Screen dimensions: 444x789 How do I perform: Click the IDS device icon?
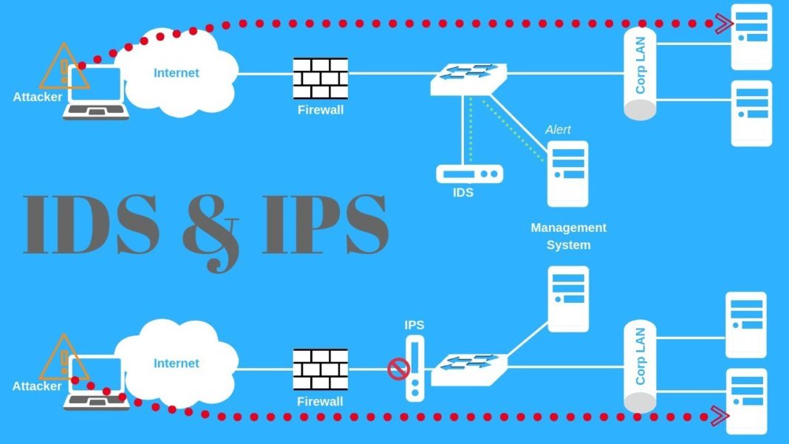[469, 174]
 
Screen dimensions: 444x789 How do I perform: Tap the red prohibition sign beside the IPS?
[398, 369]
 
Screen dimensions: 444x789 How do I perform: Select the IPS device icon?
[416, 368]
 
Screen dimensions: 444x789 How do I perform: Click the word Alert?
[558, 130]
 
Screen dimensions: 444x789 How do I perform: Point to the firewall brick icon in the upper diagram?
[321, 78]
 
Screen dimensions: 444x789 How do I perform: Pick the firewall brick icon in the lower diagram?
[321, 369]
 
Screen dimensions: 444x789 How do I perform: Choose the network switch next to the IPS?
[469, 369]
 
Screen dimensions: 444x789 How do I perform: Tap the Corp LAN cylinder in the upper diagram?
[640, 74]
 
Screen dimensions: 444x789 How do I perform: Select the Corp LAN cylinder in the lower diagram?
[640, 367]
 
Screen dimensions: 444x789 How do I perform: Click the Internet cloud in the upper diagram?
[177, 73]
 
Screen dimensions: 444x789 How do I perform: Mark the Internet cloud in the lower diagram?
[177, 363]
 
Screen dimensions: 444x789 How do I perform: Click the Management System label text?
[568, 236]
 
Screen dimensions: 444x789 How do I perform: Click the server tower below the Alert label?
[567, 174]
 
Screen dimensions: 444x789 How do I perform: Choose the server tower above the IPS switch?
[568, 298]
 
